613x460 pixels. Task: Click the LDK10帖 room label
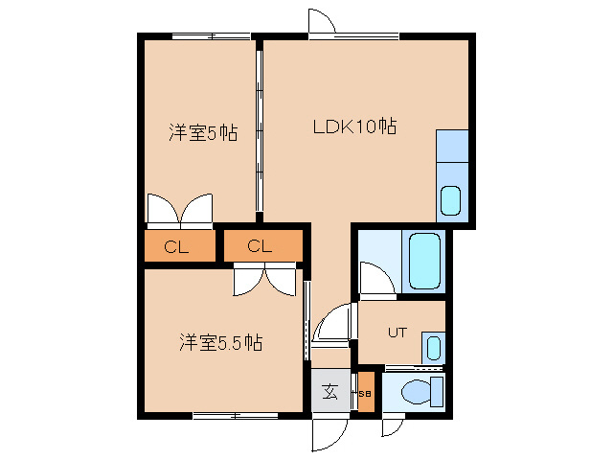(355, 126)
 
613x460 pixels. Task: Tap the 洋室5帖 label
(203, 133)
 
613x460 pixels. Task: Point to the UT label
(397, 333)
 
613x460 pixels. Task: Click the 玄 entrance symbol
(329, 391)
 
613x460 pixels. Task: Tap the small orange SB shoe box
(365, 391)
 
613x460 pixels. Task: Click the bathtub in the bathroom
(422, 260)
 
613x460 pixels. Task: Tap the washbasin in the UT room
(433, 347)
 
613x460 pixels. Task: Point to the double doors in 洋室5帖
(179, 209)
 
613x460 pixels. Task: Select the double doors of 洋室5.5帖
(265, 279)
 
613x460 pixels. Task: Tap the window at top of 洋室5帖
(211, 36)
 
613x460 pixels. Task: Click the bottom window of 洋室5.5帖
(229, 415)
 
